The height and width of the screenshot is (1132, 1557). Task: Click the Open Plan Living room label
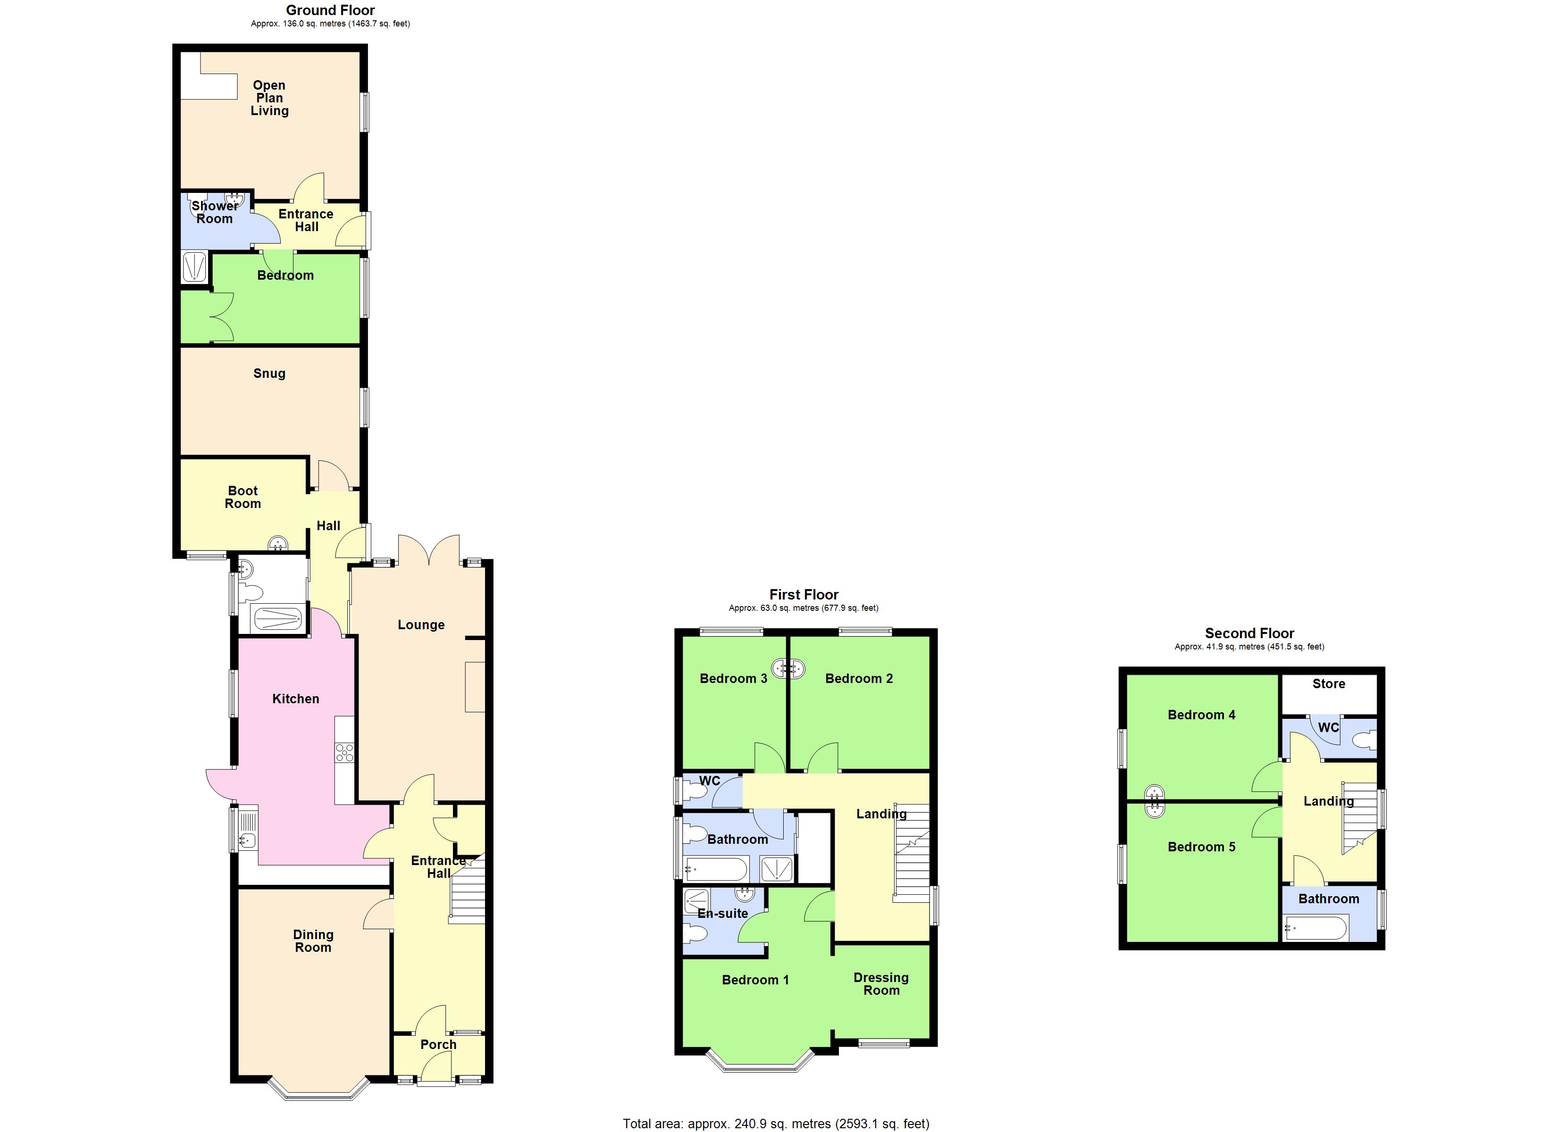(269, 98)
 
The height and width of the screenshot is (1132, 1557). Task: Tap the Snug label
(269, 374)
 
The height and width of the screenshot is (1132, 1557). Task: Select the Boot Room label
(243, 497)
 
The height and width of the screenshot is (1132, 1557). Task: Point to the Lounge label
(421, 624)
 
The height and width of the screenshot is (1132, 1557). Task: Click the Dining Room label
(313, 941)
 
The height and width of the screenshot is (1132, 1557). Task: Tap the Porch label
(438, 1044)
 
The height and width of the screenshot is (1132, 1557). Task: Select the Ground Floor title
(330, 10)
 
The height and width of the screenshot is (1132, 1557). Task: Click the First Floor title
(803, 594)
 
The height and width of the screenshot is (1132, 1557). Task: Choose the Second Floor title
(1249, 633)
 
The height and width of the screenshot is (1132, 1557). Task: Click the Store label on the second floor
(1328, 684)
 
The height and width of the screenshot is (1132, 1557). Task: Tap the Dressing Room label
(881, 984)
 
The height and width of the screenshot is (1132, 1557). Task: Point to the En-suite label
(722, 913)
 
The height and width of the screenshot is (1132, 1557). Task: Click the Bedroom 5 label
(1201, 847)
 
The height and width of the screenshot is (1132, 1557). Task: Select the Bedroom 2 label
(859, 678)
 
